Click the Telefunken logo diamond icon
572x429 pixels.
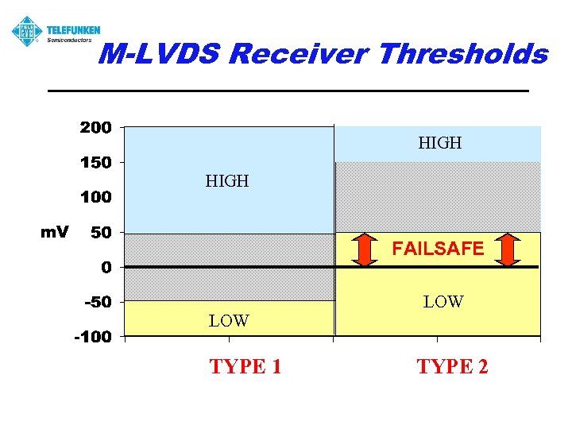tap(27, 31)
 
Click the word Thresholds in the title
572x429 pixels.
tap(463, 54)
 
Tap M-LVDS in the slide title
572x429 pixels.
tap(160, 54)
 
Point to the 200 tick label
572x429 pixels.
tap(95, 127)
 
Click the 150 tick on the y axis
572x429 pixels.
tap(95, 162)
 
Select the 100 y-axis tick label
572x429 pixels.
tap(95, 196)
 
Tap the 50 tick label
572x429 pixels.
tap(100, 232)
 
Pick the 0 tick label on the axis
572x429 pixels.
tap(106, 268)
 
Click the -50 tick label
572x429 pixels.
tap(97, 302)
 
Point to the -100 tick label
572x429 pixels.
tap(93, 337)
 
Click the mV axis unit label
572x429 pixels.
tap(55, 232)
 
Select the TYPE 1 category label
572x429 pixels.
tap(245, 366)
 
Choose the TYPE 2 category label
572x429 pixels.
tap(453, 366)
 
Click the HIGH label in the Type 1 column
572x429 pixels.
tap(227, 181)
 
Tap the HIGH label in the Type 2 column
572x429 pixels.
tap(440, 143)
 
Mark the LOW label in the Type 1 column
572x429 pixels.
tap(229, 321)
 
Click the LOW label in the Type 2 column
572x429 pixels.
tap(443, 302)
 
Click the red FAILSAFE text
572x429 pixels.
tap(438, 249)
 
